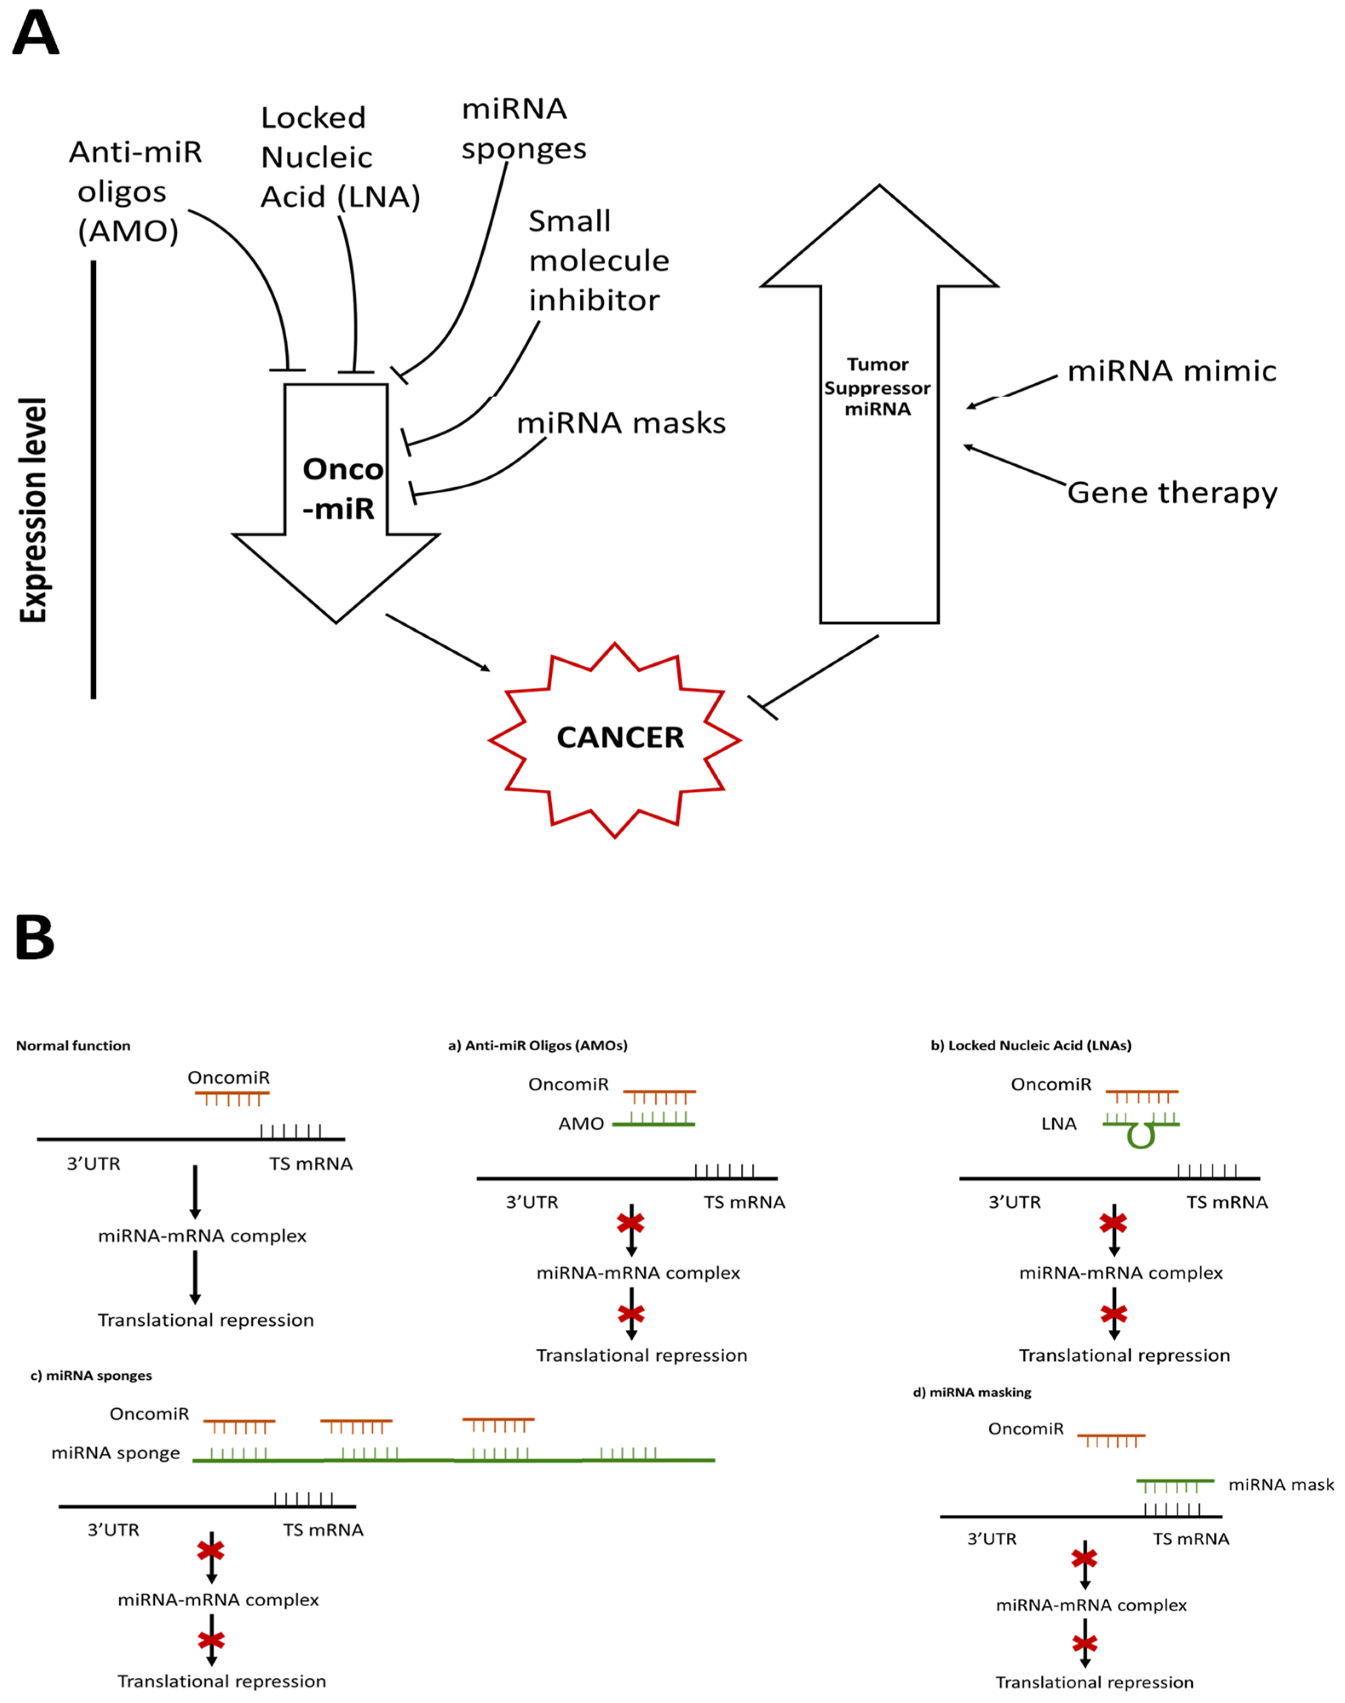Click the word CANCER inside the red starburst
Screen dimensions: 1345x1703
621,738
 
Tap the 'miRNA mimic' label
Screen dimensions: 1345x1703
1172,371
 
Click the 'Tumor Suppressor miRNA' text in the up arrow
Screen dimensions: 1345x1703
877,387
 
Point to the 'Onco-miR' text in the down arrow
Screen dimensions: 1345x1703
343,489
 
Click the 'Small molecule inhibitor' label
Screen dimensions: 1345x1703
599,261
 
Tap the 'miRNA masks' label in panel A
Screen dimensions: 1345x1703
621,423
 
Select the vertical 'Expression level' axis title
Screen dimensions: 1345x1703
33,510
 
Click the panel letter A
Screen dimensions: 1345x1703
35,33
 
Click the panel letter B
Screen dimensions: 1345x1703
35,938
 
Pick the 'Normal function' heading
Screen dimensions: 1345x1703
73,1046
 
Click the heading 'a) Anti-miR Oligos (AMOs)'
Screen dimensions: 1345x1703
538,1046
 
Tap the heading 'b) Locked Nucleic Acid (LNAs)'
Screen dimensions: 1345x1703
1031,1046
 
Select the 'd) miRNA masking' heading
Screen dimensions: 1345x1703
972,1392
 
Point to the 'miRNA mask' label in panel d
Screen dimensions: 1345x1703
1281,1485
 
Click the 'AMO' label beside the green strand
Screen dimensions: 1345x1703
581,1124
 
